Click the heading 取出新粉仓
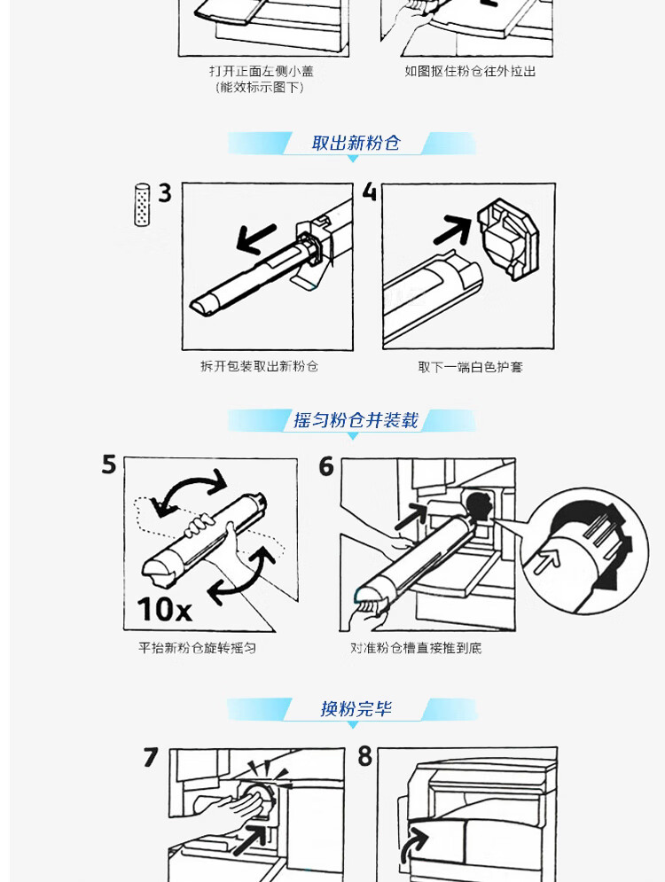coord(356,143)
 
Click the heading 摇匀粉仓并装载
coord(356,420)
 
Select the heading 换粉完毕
coord(356,709)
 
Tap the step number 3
coord(164,193)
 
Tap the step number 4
coord(369,191)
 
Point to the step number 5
coord(109,464)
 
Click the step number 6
coord(326,466)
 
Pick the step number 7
coord(150,757)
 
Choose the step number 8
coord(365,756)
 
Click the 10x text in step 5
coord(164,609)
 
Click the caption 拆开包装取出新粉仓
coord(260,366)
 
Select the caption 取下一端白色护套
coord(470,367)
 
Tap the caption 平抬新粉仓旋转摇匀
coord(198,648)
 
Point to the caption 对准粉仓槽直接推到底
coord(416,648)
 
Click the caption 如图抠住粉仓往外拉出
coord(470,71)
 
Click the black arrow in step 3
coord(256,238)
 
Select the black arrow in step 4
coord(452,229)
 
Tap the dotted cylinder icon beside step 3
coord(143,204)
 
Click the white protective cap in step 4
coord(508,238)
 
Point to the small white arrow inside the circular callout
coord(547,561)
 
